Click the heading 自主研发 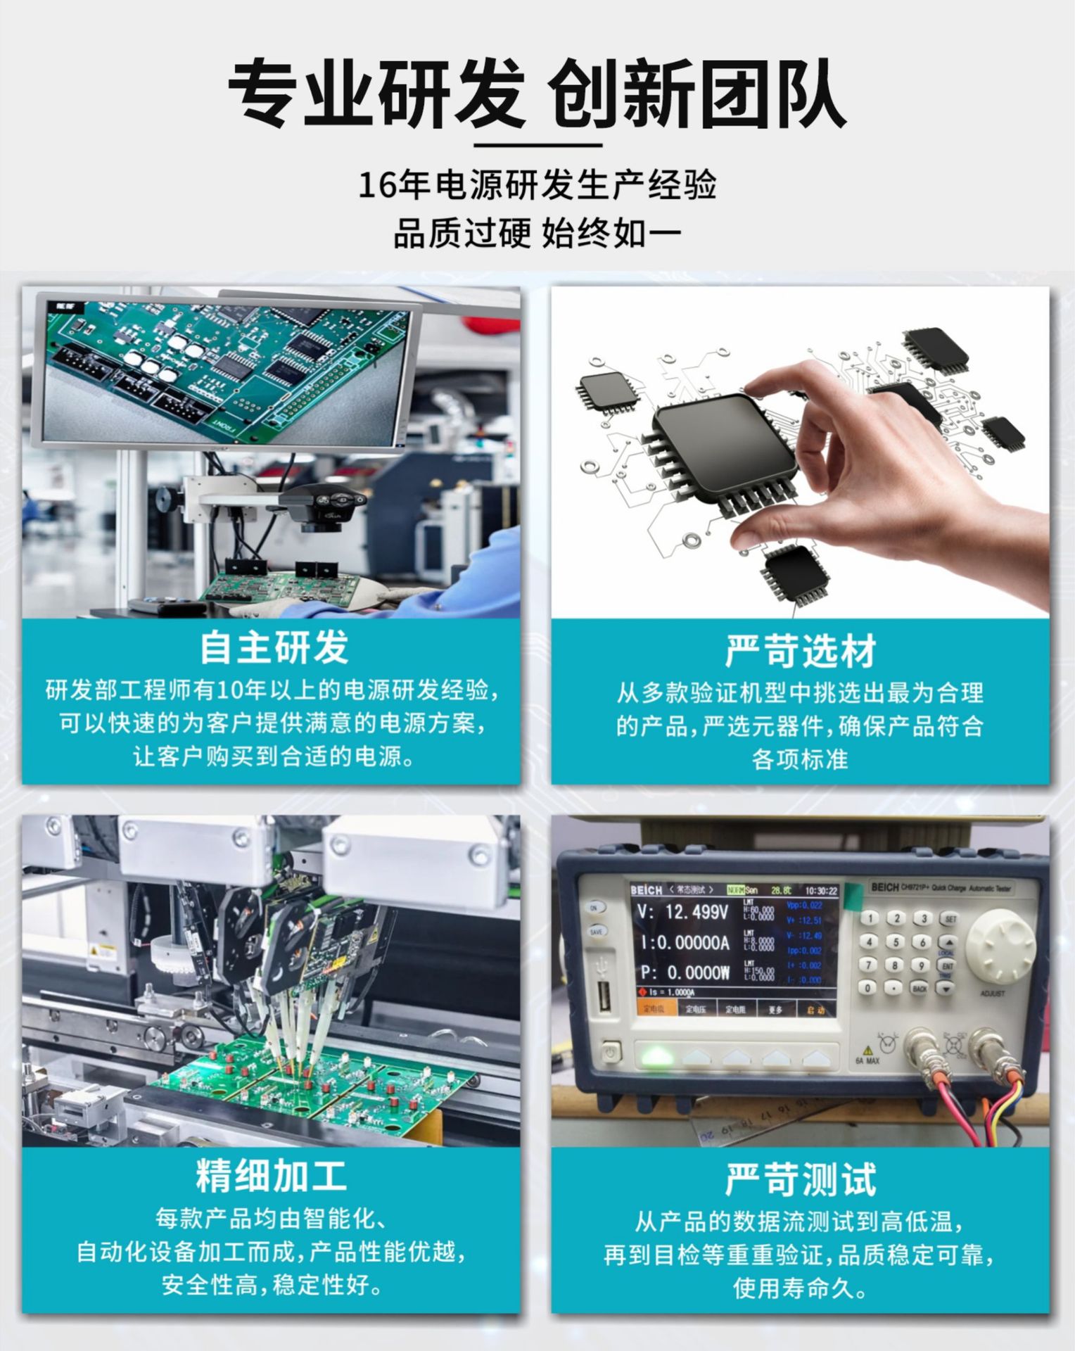[274, 647]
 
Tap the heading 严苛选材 [800, 651]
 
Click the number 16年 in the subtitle [394, 186]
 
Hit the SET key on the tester [950, 919]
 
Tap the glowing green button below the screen [655, 1056]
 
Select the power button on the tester [610, 1053]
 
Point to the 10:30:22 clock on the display [821, 891]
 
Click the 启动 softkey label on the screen [815, 1010]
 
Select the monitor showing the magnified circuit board [225, 373]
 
